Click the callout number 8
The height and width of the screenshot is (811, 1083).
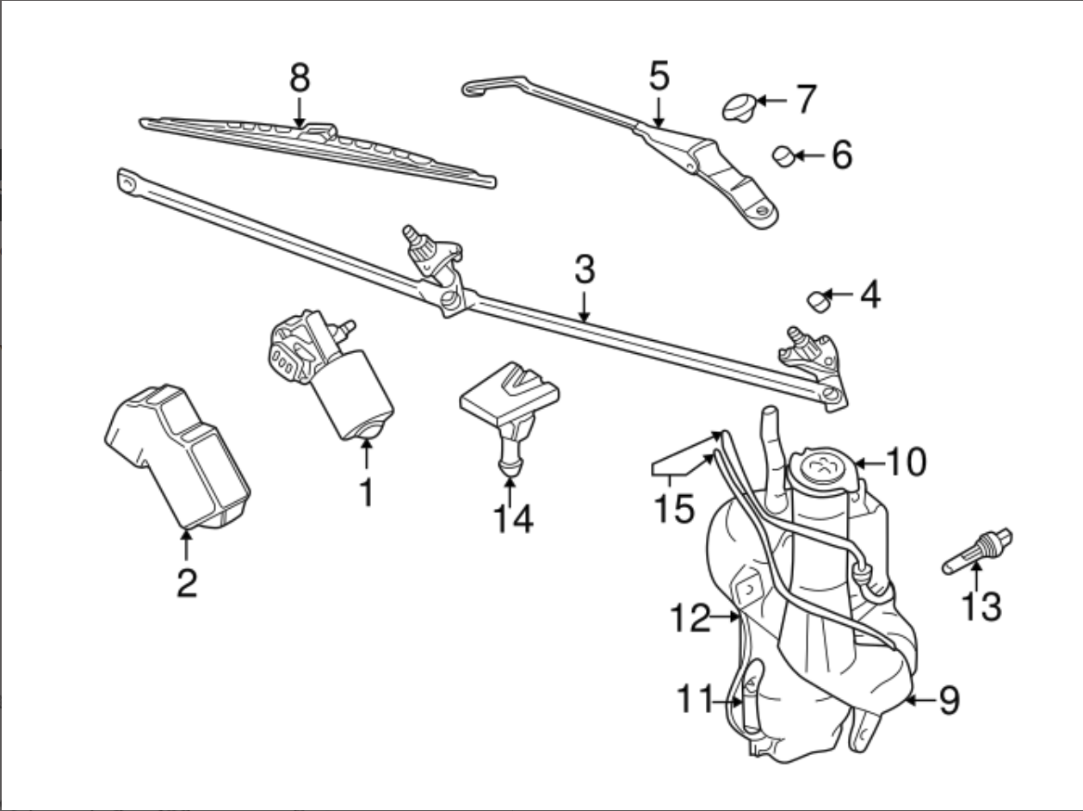click(299, 78)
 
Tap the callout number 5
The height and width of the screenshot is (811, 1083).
click(659, 77)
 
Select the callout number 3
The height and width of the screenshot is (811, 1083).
click(585, 270)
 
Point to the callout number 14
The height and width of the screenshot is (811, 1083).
click(512, 518)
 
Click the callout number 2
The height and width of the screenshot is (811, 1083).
click(186, 583)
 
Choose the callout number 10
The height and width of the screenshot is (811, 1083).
click(905, 463)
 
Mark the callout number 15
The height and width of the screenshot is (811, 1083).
click(672, 508)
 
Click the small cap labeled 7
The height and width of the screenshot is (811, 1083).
click(738, 108)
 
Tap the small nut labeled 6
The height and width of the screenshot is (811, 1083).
click(783, 157)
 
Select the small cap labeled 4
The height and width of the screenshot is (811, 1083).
click(817, 301)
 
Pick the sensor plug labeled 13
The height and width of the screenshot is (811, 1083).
click(977, 552)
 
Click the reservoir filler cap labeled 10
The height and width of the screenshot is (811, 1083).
click(823, 469)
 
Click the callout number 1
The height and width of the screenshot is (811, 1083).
click(367, 492)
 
